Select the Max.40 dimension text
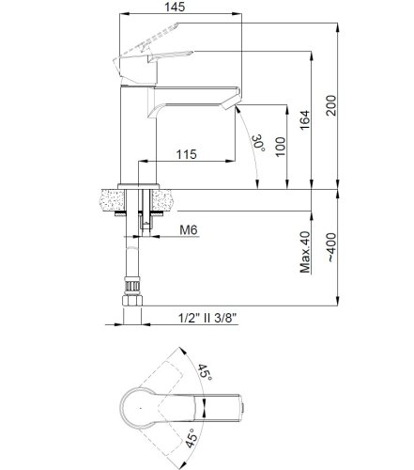tap(304, 251)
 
